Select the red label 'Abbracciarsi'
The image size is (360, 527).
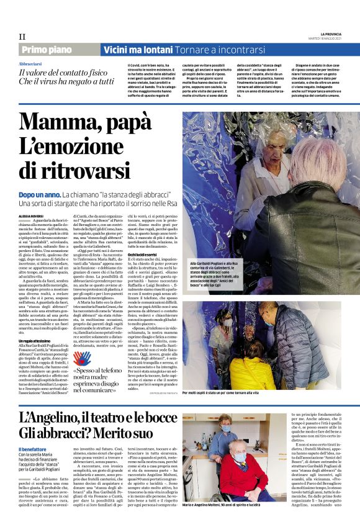(x=31, y=64)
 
